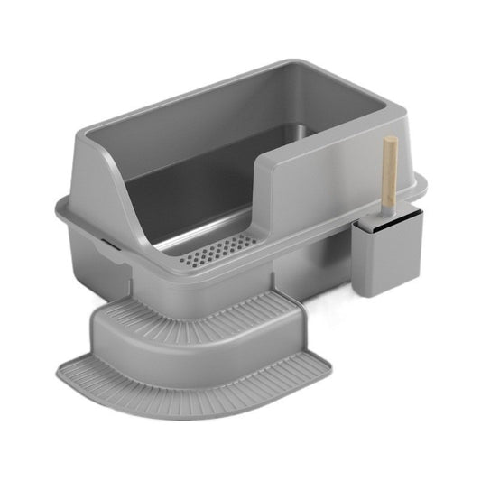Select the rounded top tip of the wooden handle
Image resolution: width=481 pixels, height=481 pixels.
391,143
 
